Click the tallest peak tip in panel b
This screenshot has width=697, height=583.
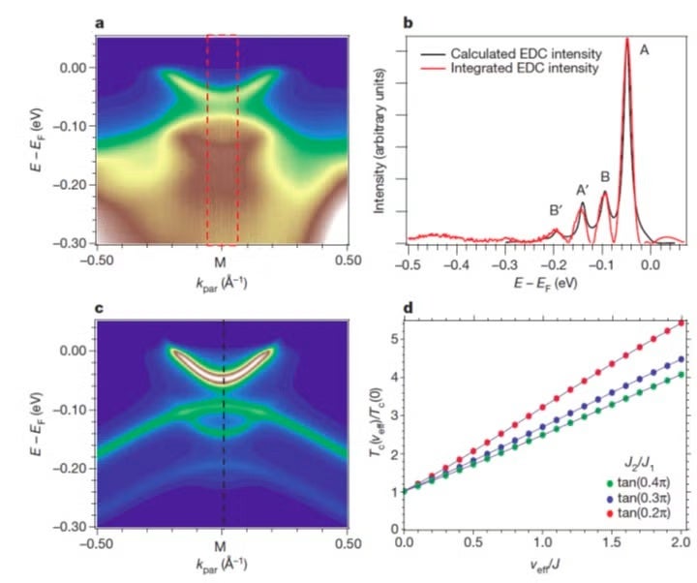pyautogui.click(x=627, y=40)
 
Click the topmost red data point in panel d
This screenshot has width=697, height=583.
pyautogui.click(x=682, y=322)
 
